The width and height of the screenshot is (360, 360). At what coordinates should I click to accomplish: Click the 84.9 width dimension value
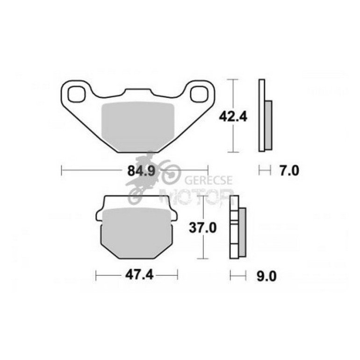coord(135,171)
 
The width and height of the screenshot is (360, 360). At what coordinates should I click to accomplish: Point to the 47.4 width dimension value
coord(137,275)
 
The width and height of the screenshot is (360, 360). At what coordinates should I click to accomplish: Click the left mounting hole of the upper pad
coord(77,93)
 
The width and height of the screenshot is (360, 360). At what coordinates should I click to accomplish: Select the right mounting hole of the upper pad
coord(200,93)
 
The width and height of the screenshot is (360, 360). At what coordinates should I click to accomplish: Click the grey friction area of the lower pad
coord(137,232)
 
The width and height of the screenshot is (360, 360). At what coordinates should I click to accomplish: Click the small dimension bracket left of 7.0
coord(265,171)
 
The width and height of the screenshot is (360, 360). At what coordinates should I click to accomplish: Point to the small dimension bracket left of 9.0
coord(238,276)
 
